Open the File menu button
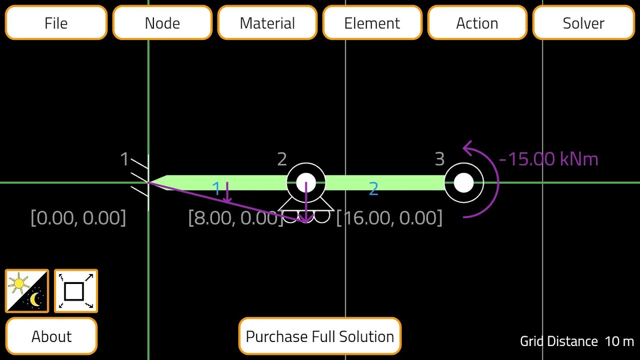56,23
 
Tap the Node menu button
162,23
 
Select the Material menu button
267,23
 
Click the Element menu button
372,23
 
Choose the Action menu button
477,23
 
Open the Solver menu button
583,23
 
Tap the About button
51,336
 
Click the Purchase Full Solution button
320,336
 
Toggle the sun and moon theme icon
27,291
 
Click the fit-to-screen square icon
76,291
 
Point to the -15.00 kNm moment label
549,159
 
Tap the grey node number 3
439,159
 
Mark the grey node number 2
282,159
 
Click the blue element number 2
373,189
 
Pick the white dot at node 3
464,183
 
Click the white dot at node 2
306,183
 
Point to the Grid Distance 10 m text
577,341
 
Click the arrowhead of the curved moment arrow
467,147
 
